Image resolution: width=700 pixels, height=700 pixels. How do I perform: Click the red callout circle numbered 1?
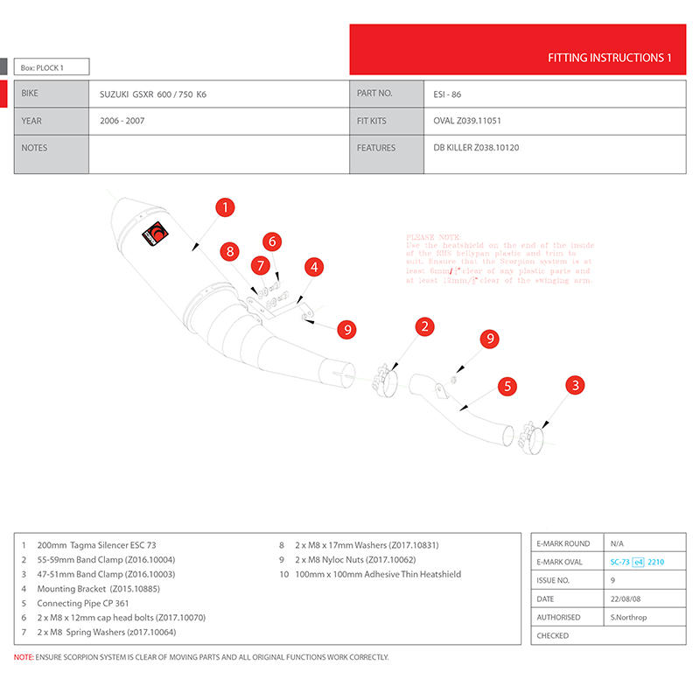226,207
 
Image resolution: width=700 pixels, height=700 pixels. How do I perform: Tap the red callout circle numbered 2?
424,327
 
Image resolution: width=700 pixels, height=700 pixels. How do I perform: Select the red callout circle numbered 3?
574,384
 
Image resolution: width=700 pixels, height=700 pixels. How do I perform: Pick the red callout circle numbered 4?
313,267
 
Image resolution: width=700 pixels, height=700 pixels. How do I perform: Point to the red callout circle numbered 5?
507,384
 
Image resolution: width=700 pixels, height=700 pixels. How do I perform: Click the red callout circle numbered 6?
272,241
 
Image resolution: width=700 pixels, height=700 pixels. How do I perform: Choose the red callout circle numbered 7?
259,265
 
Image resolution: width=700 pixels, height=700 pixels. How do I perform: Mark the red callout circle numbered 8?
229,251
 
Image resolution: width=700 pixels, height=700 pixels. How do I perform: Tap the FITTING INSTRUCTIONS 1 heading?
609,58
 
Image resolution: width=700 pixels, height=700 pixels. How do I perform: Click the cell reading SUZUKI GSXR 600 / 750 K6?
153,94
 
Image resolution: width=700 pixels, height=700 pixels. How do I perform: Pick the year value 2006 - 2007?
122,121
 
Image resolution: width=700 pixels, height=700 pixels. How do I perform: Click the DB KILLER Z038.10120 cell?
476,148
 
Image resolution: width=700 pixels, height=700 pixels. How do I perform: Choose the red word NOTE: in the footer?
24,657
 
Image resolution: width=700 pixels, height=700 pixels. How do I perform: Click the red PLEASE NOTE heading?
434,237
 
